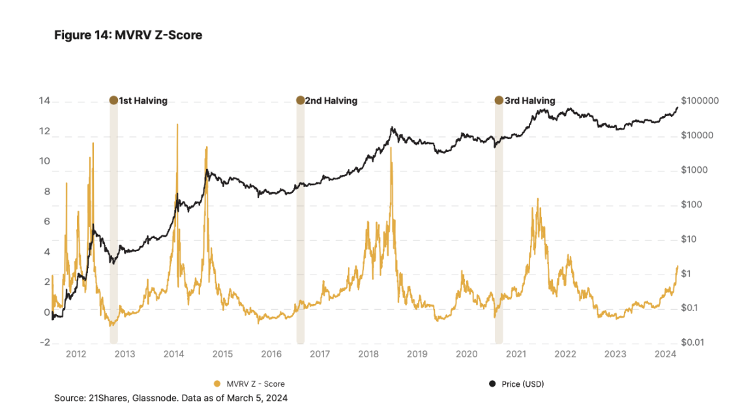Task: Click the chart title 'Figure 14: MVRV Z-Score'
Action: tap(128, 35)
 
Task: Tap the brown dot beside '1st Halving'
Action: tap(113, 100)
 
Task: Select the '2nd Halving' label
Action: tap(331, 100)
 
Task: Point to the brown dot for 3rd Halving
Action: tap(499, 100)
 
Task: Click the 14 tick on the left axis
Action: tap(44, 101)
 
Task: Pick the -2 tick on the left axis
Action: tap(44, 342)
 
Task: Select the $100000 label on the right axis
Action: tap(699, 101)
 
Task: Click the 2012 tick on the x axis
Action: tap(76, 354)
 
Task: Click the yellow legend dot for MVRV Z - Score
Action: tap(217, 383)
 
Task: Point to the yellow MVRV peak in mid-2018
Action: tap(391, 148)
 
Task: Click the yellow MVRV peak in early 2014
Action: tap(176, 125)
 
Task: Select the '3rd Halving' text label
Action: tap(529, 100)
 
